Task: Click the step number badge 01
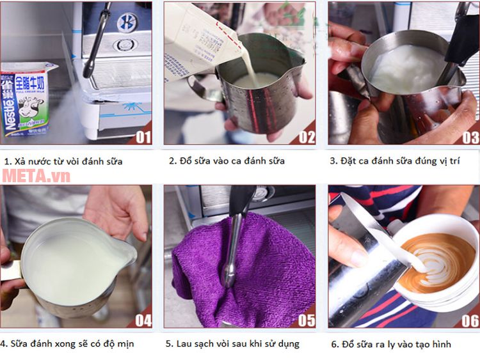143,136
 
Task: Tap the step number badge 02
307,136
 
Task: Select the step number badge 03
470,136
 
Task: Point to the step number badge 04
143,320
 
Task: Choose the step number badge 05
307,320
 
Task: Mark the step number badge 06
470,320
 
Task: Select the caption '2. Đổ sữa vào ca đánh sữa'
227,161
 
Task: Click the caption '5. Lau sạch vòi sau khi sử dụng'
232,344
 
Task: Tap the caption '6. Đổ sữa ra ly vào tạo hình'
390,344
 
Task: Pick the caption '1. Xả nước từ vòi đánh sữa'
63,161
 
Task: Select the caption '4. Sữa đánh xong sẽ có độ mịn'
67,344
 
